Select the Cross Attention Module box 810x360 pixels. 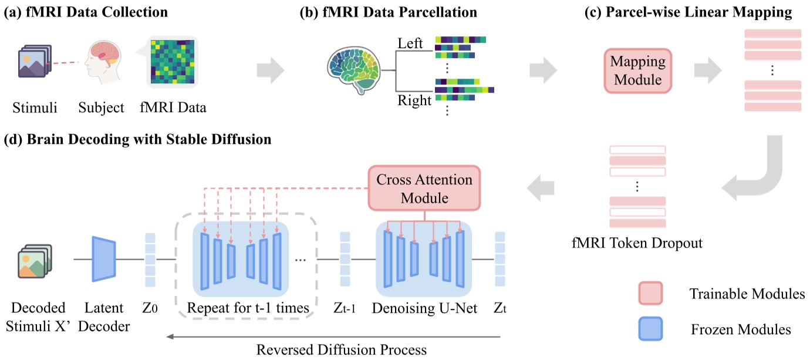click(x=424, y=188)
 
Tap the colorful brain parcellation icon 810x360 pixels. click(x=354, y=71)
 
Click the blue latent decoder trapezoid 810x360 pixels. click(x=103, y=258)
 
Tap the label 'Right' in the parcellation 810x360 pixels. click(x=414, y=100)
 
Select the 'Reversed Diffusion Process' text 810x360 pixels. click(x=341, y=349)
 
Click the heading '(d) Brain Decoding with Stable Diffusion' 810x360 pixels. click(x=138, y=140)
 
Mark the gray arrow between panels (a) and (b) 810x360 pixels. click(x=271, y=70)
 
